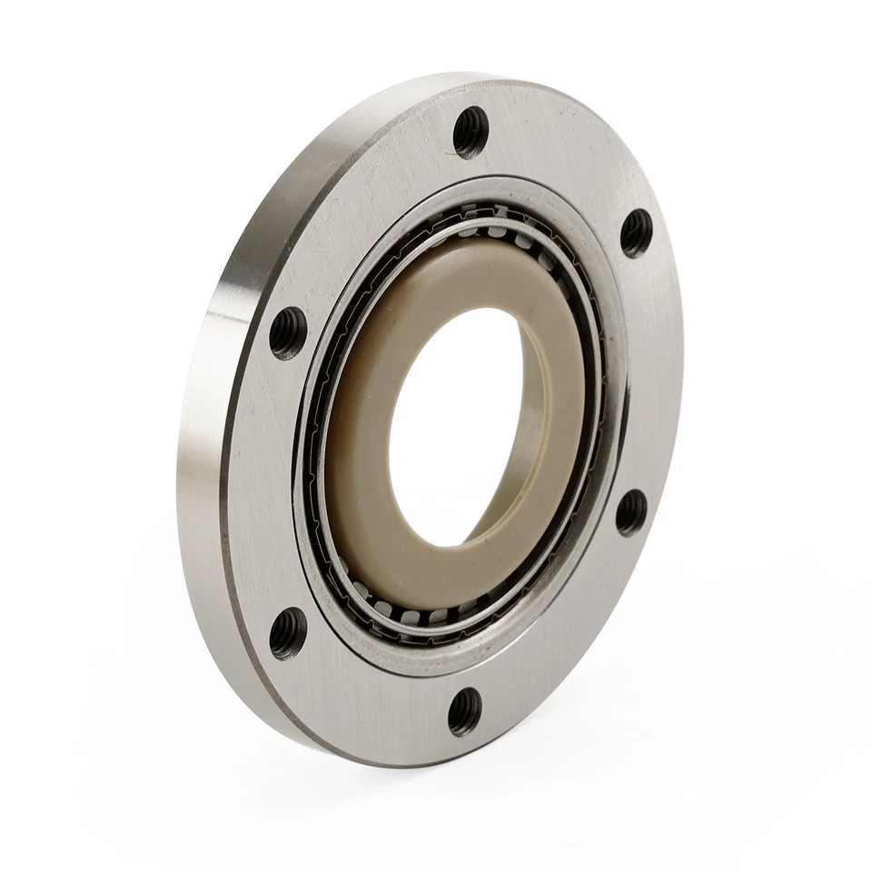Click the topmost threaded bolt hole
tap(471, 131)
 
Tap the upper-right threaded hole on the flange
tap(636, 233)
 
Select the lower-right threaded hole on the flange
tap(630, 511)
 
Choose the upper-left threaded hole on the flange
tap(288, 331)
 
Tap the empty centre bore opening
tap(454, 427)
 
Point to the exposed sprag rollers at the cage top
tap(490, 227)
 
